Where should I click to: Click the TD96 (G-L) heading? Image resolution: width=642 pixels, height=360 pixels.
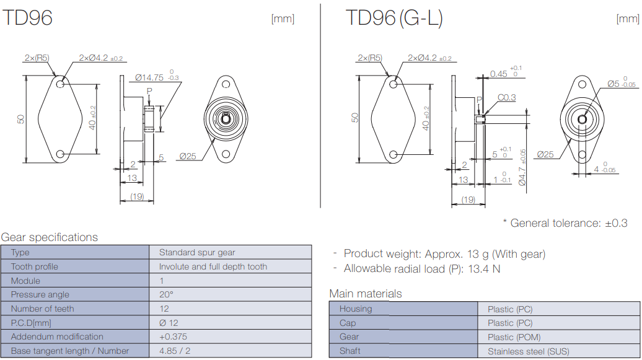394,18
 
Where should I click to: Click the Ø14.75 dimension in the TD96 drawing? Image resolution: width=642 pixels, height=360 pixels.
149,77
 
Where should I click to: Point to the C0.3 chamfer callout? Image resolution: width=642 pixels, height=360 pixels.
506,97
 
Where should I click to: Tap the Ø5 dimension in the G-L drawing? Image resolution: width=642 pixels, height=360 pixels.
613,83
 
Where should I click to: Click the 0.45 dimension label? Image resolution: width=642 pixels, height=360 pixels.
498,74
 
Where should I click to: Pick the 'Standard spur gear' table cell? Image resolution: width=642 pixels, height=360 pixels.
197,252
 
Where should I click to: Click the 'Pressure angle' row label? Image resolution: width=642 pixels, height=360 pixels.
40,294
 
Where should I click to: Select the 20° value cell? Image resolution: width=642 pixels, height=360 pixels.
166,294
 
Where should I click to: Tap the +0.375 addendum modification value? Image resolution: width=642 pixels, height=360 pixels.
173,336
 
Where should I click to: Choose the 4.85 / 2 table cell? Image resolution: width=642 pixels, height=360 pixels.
175,351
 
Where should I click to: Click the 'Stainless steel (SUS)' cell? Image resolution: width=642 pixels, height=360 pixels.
528,351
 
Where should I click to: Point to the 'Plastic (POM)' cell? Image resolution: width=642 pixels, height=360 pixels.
514,337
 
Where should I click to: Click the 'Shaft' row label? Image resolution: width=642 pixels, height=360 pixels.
350,351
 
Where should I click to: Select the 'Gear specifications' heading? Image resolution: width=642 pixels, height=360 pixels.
50,237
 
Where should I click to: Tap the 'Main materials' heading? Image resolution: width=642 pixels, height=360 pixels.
366,294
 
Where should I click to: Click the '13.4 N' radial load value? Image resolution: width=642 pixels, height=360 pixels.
486,268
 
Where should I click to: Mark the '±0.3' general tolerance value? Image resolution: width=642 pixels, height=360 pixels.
616,223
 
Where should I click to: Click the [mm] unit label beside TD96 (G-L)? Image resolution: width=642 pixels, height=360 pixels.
628,19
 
